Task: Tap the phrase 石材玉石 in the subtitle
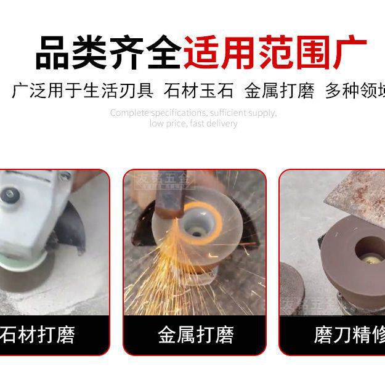199,91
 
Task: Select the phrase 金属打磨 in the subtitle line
279,91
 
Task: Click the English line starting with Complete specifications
193,113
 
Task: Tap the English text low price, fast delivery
193,123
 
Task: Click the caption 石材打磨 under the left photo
38,335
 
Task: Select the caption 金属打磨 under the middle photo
195,335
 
